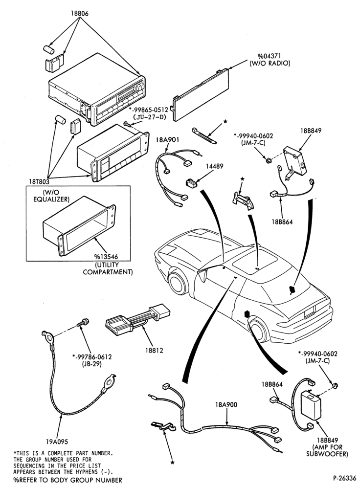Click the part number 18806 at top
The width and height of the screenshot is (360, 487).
pyautogui.click(x=80, y=13)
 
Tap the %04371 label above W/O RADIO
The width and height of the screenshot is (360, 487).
pyautogui.click(x=269, y=56)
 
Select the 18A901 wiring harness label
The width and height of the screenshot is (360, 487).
pyautogui.click(x=167, y=140)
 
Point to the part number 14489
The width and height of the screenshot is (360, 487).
pyautogui.click(x=214, y=166)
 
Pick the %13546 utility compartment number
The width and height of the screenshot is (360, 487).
pyautogui.click(x=106, y=258)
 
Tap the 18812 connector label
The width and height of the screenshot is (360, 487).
pyautogui.click(x=154, y=351)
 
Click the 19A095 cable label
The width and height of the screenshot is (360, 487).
pyautogui.click(x=57, y=442)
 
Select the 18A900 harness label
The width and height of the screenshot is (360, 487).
pyautogui.click(x=226, y=404)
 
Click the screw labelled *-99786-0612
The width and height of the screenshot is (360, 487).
pyautogui.click(x=83, y=323)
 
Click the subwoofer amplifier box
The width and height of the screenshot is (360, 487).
pyautogui.click(x=312, y=405)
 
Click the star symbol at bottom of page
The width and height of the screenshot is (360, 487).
pyautogui.click(x=172, y=463)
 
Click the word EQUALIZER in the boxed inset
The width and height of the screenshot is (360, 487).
pyautogui.click(x=51, y=199)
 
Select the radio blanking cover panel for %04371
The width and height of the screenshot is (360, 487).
pyautogui.click(x=201, y=95)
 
